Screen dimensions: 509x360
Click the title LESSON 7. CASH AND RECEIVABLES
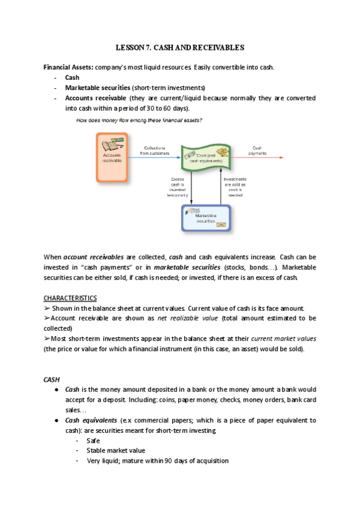click(179, 47)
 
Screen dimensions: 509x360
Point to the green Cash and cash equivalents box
click(207, 158)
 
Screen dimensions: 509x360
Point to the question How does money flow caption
click(139, 120)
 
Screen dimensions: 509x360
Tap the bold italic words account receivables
click(98, 257)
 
